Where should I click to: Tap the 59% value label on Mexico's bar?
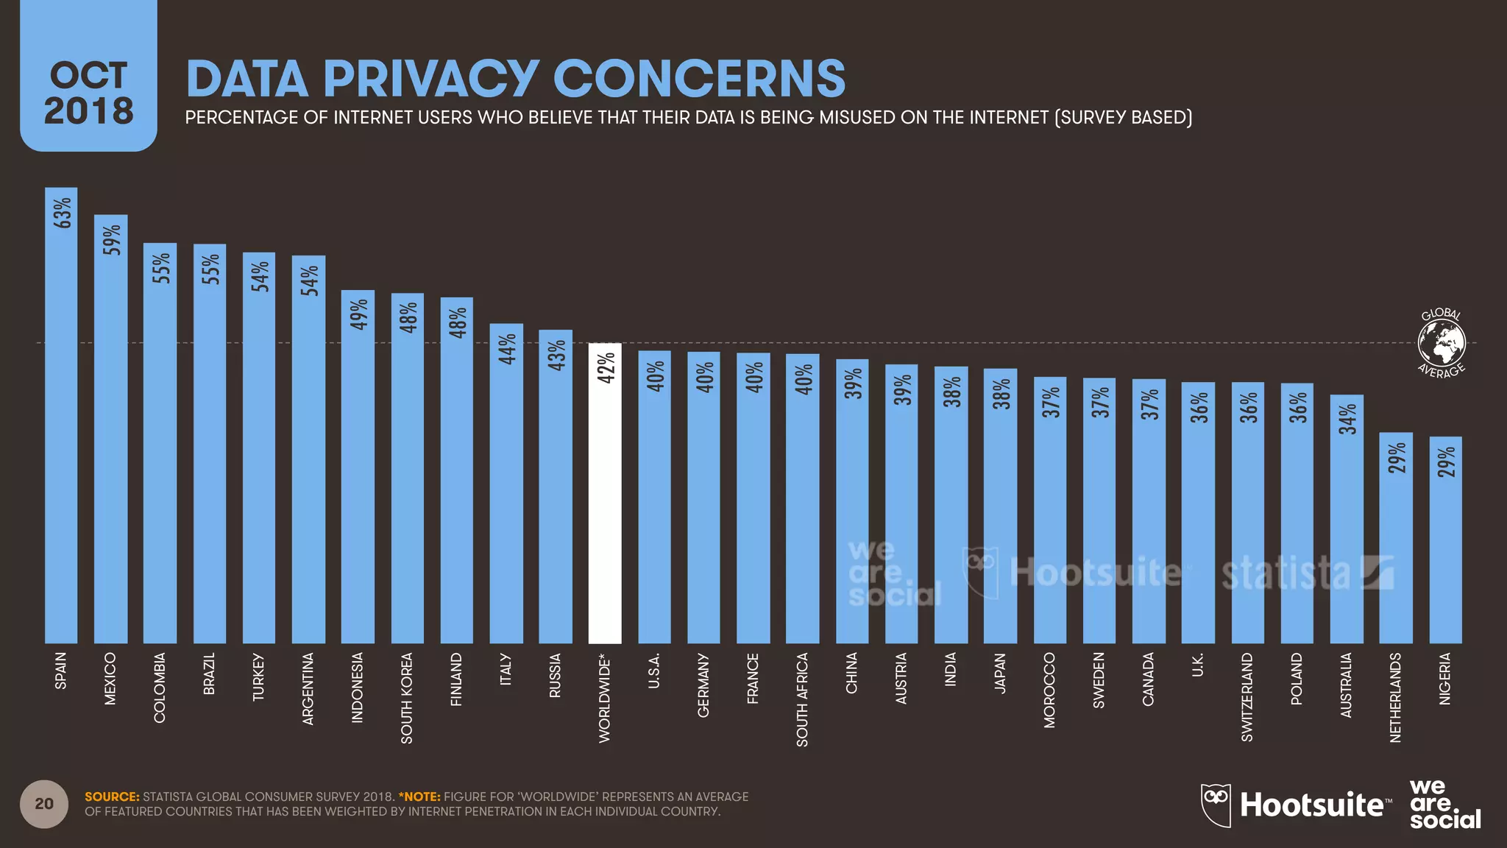click(111, 240)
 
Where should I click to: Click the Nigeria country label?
click(1445, 679)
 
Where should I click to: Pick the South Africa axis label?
click(802, 699)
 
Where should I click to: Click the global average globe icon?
click(1442, 343)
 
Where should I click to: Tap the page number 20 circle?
click(44, 804)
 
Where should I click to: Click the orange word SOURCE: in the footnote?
click(112, 796)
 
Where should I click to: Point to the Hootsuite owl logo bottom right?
click(1216, 805)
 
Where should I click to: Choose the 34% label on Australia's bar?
click(1347, 419)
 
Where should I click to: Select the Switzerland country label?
click(1247, 696)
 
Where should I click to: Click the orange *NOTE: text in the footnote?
click(419, 796)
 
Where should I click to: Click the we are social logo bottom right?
click(1444, 804)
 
